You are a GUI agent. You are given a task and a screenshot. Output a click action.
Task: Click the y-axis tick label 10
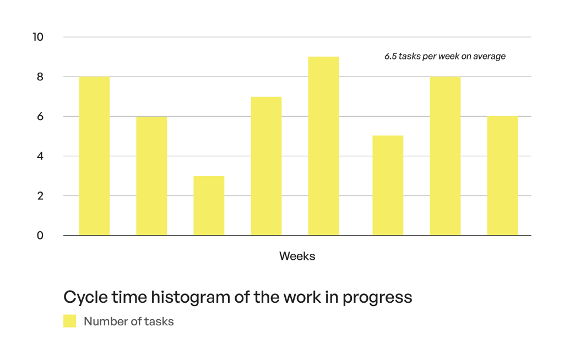coord(38,37)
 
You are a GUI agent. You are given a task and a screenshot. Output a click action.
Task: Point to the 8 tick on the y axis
coord(40,77)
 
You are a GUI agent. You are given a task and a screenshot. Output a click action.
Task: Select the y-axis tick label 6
coord(40,117)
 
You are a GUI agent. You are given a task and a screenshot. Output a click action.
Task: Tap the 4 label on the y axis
coord(40,156)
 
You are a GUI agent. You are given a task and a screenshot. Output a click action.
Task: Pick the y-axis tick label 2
coord(40,196)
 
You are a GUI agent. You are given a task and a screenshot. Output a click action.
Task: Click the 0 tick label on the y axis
coord(40,236)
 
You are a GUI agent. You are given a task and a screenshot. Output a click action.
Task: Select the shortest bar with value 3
coord(209,206)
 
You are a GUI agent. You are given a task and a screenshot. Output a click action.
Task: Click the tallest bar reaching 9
coord(323,146)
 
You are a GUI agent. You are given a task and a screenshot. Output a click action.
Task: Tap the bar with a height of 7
coord(266,166)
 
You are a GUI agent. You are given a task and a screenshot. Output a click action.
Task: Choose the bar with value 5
coord(388,186)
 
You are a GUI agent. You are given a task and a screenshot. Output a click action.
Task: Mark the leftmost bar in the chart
coord(94,156)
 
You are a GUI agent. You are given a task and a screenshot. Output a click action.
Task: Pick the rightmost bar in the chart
coord(502,176)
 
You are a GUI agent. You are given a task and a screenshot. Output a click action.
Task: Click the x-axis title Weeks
coord(297,256)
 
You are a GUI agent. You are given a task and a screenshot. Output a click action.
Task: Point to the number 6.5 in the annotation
coord(391,56)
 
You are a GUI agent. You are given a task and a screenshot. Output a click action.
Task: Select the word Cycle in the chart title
coord(85,297)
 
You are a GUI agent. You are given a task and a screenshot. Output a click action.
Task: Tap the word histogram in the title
coord(191,298)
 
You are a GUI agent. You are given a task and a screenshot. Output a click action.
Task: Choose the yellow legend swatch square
coord(70,321)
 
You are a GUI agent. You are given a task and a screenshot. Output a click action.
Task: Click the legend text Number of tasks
coord(129,321)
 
